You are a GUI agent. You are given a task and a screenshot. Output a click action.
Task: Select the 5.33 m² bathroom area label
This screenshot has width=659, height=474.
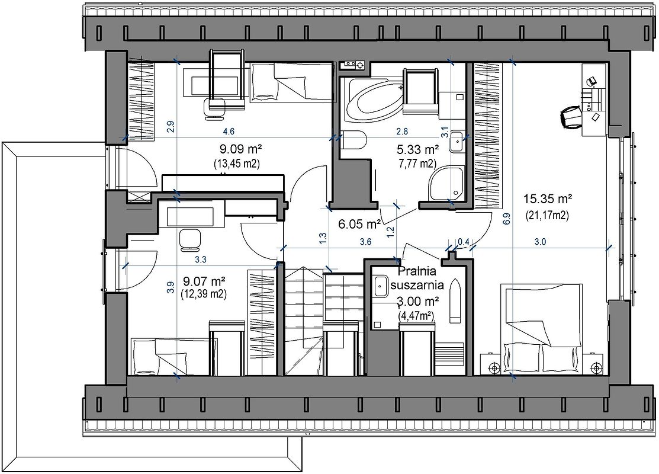(418, 150)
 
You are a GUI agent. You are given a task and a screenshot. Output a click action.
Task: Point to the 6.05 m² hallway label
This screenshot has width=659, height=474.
(360, 224)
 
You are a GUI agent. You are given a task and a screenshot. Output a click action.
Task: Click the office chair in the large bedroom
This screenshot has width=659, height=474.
(571, 117)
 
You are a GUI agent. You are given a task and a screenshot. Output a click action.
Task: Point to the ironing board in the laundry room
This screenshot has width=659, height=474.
(455, 302)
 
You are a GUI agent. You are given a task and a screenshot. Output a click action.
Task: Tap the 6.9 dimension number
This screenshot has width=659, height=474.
(506, 219)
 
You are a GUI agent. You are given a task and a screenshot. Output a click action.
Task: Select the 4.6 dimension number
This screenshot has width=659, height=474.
(229, 132)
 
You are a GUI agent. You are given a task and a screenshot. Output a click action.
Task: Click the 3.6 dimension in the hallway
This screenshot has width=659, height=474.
(366, 242)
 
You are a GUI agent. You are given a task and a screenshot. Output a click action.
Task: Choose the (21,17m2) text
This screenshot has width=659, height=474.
(547, 216)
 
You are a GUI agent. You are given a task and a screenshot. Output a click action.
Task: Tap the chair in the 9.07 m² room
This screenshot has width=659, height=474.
(190, 240)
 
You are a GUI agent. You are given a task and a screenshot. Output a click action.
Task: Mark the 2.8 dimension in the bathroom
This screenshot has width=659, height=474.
(402, 132)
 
